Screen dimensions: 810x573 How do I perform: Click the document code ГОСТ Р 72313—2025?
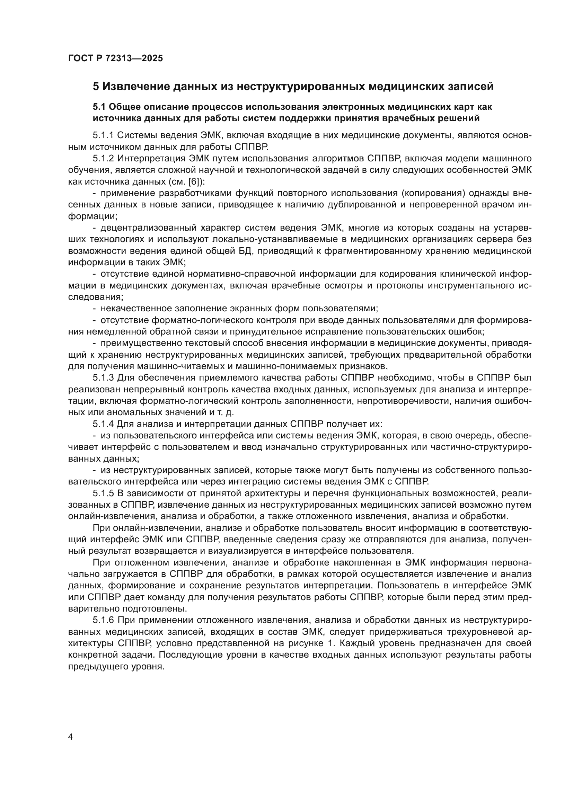coord(115,58)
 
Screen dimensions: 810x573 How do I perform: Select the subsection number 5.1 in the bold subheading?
coord(99,107)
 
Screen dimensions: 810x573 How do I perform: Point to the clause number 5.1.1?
coord(103,135)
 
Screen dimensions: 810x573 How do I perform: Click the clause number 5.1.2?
coord(103,158)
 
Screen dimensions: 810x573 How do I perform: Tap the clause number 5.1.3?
coord(103,378)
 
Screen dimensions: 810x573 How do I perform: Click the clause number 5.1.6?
coord(103,620)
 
